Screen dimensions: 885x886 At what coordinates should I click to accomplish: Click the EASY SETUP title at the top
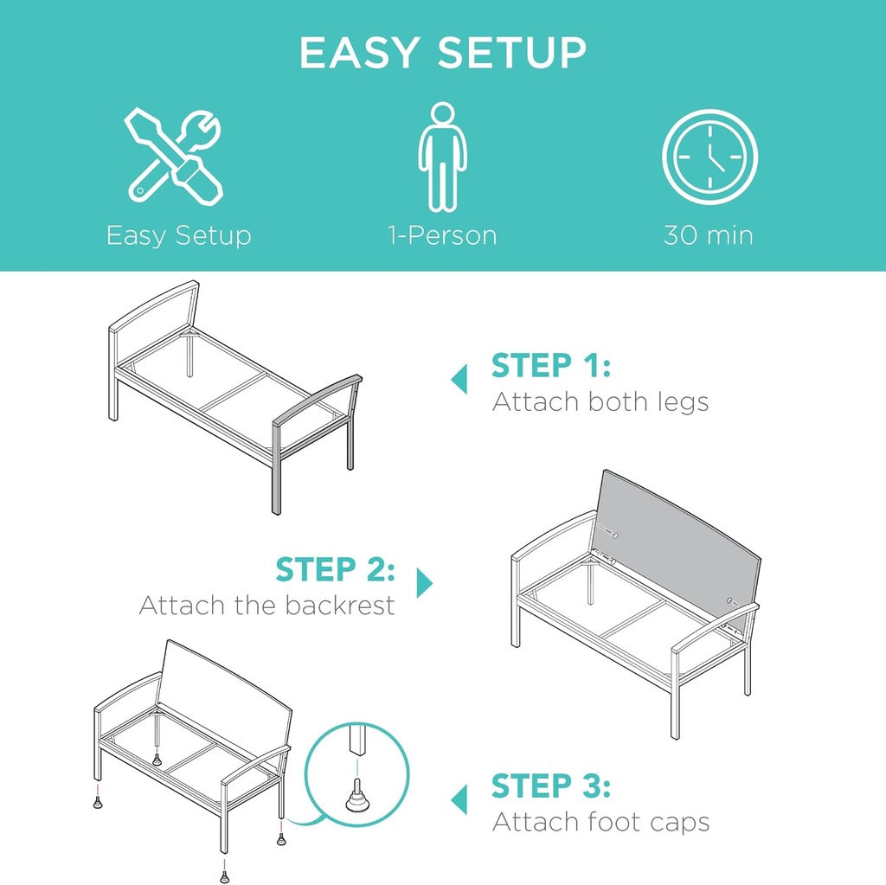point(442,54)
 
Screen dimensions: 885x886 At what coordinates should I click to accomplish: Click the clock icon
point(709,157)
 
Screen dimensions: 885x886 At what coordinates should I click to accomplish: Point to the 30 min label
point(709,235)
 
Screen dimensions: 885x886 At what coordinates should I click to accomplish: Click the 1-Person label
point(442,235)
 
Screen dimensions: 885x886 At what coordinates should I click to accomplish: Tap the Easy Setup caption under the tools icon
point(178,235)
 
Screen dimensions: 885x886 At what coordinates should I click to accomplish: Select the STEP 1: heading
point(551,367)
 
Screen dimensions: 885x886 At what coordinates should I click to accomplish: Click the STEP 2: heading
point(336,570)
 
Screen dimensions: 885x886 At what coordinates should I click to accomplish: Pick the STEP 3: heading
point(551,787)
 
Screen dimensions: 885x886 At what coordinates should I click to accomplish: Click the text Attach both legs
point(600,402)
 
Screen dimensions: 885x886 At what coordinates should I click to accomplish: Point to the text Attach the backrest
point(266,605)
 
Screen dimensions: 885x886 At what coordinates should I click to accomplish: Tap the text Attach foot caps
point(600,822)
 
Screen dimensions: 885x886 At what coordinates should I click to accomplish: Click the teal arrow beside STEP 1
point(459,379)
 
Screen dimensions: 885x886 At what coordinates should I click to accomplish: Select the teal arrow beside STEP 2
point(424,582)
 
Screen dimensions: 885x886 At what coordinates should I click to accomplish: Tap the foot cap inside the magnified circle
point(355,798)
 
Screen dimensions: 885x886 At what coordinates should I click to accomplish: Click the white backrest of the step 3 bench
point(225,692)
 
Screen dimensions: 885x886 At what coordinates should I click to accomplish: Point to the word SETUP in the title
point(511,54)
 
